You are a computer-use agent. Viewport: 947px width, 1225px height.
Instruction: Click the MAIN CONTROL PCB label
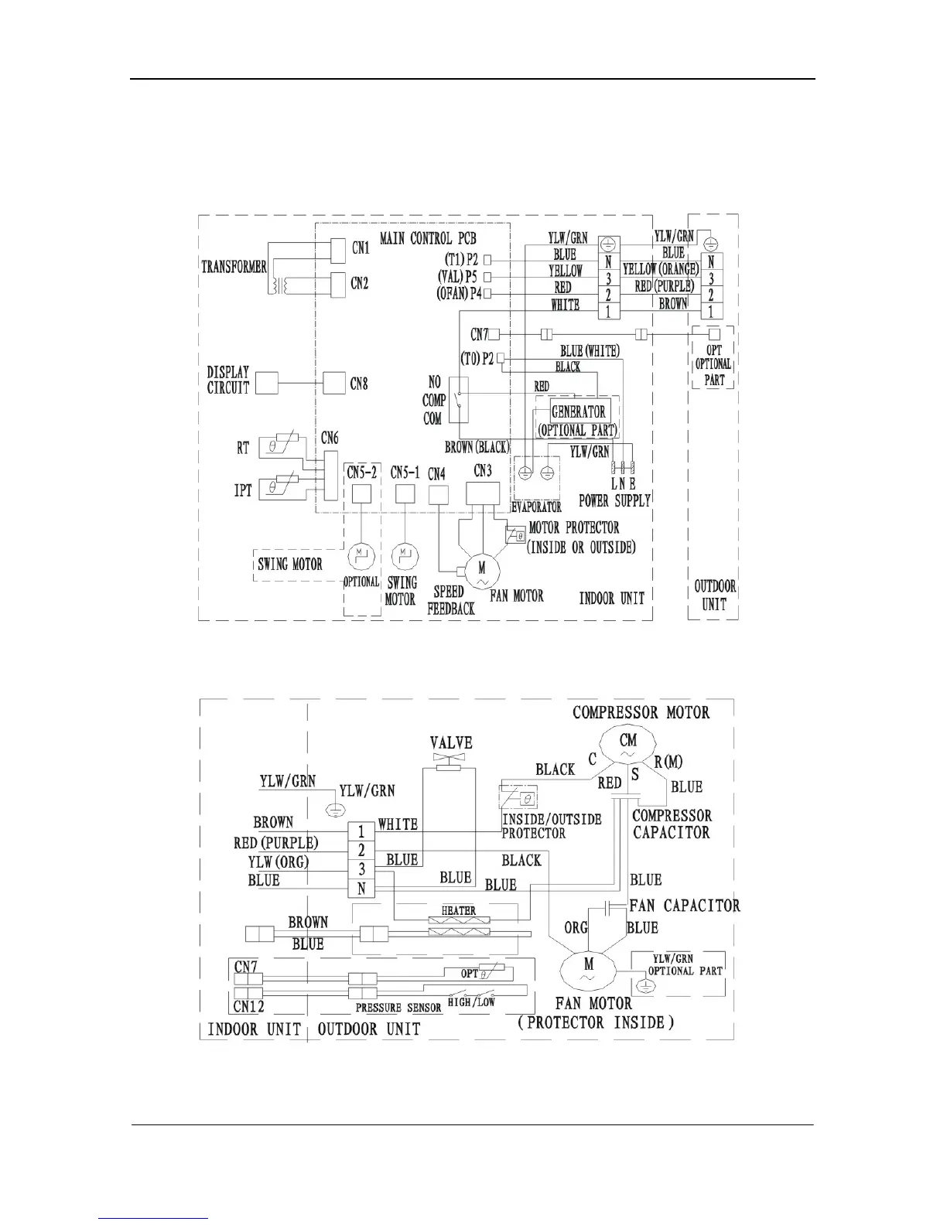pos(428,239)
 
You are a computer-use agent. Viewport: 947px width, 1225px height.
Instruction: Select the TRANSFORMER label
pos(234,267)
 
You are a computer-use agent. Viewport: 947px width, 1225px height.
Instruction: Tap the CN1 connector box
pos(338,249)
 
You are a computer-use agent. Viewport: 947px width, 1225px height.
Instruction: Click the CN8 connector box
pos(334,383)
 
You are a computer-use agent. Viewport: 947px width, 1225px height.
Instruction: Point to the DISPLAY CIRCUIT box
pos(266,383)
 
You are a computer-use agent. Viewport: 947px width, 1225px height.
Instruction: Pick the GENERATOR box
pos(578,411)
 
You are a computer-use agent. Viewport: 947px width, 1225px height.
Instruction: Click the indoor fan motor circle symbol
pos(482,573)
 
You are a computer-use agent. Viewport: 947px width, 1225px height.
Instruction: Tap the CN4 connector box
pos(439,494)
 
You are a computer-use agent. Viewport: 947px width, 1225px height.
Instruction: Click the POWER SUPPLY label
pos(614,500)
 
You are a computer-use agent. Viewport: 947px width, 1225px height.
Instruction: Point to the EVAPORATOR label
pos(536,507)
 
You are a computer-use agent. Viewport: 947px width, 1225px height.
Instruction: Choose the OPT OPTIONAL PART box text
pos(713,364)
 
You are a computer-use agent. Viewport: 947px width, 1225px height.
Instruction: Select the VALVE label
pos(451,742)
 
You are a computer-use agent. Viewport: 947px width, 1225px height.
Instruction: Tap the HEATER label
pos(458,910)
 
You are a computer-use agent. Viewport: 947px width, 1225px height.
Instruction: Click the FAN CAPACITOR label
pos(684,905)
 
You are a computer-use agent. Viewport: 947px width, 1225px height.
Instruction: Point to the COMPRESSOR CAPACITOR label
pos(671,824)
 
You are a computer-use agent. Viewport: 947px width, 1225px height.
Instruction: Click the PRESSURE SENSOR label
pos(398,1008)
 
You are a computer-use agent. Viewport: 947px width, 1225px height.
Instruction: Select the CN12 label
pos(248,1006)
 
